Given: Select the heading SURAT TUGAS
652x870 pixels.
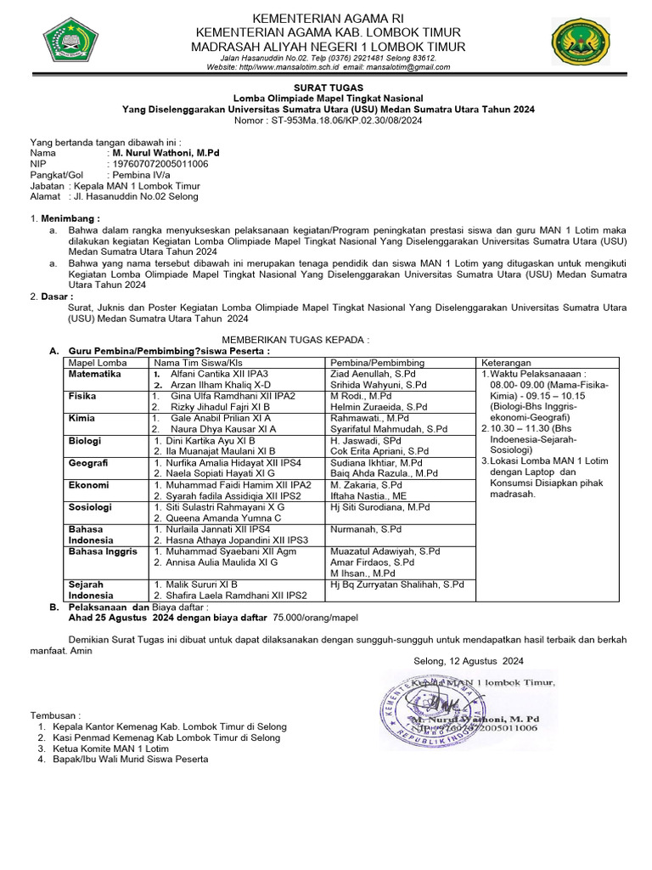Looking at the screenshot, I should (x=328, y=88).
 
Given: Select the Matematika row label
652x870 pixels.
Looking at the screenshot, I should (x=95, y=373).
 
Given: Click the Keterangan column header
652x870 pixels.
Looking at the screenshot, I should (x=508, y=362).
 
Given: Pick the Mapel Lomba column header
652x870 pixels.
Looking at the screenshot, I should (x=97, y=362).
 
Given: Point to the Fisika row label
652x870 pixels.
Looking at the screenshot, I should (x=83, y=396).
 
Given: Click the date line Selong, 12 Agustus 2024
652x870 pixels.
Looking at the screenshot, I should (x=469, y=660).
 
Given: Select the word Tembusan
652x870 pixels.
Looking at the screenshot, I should (x=56, y=715).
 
